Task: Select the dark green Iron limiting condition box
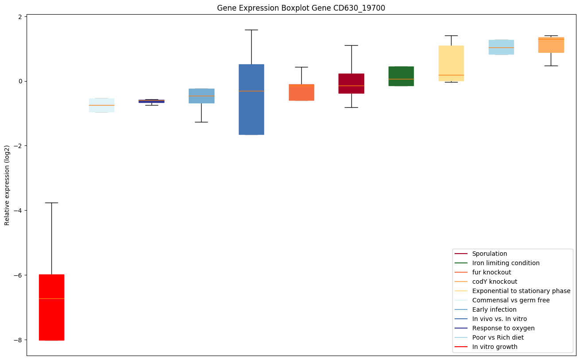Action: [x=401, y=76]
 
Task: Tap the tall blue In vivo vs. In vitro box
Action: [x=251, y=99]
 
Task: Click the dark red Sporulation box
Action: [x=351, y=83]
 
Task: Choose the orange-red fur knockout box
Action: [x=301, y=92]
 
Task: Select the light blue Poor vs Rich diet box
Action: [x=501, y=47]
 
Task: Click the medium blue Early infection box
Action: [x=202, y=96]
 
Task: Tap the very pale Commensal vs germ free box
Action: [x=101, y=105]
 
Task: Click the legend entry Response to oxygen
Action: [x=503, y=328]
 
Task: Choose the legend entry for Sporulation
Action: [x=489, y=254]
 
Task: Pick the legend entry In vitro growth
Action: [x=494, y=347]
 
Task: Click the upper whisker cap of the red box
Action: [x=51, y=203]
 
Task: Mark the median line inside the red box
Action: [x=51, y=299]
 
